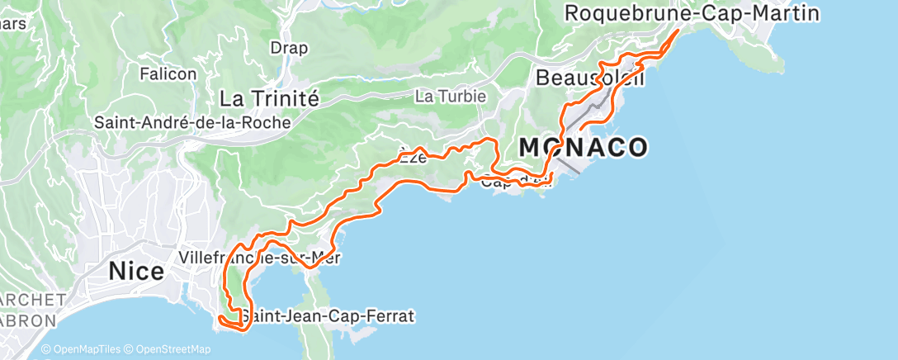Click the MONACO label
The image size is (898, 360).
583,147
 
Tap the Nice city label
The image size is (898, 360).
135,271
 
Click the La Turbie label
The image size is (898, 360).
451,97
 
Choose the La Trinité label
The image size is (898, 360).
269,99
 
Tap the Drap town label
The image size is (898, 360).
289,48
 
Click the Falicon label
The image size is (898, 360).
168,73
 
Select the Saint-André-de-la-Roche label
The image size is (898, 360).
192,122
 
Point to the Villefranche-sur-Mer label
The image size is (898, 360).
260,257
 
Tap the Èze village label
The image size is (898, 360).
413,159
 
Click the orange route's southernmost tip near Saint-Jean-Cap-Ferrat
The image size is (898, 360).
241,329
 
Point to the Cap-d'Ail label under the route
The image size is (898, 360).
515,182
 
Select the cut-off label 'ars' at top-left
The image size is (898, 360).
13,23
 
